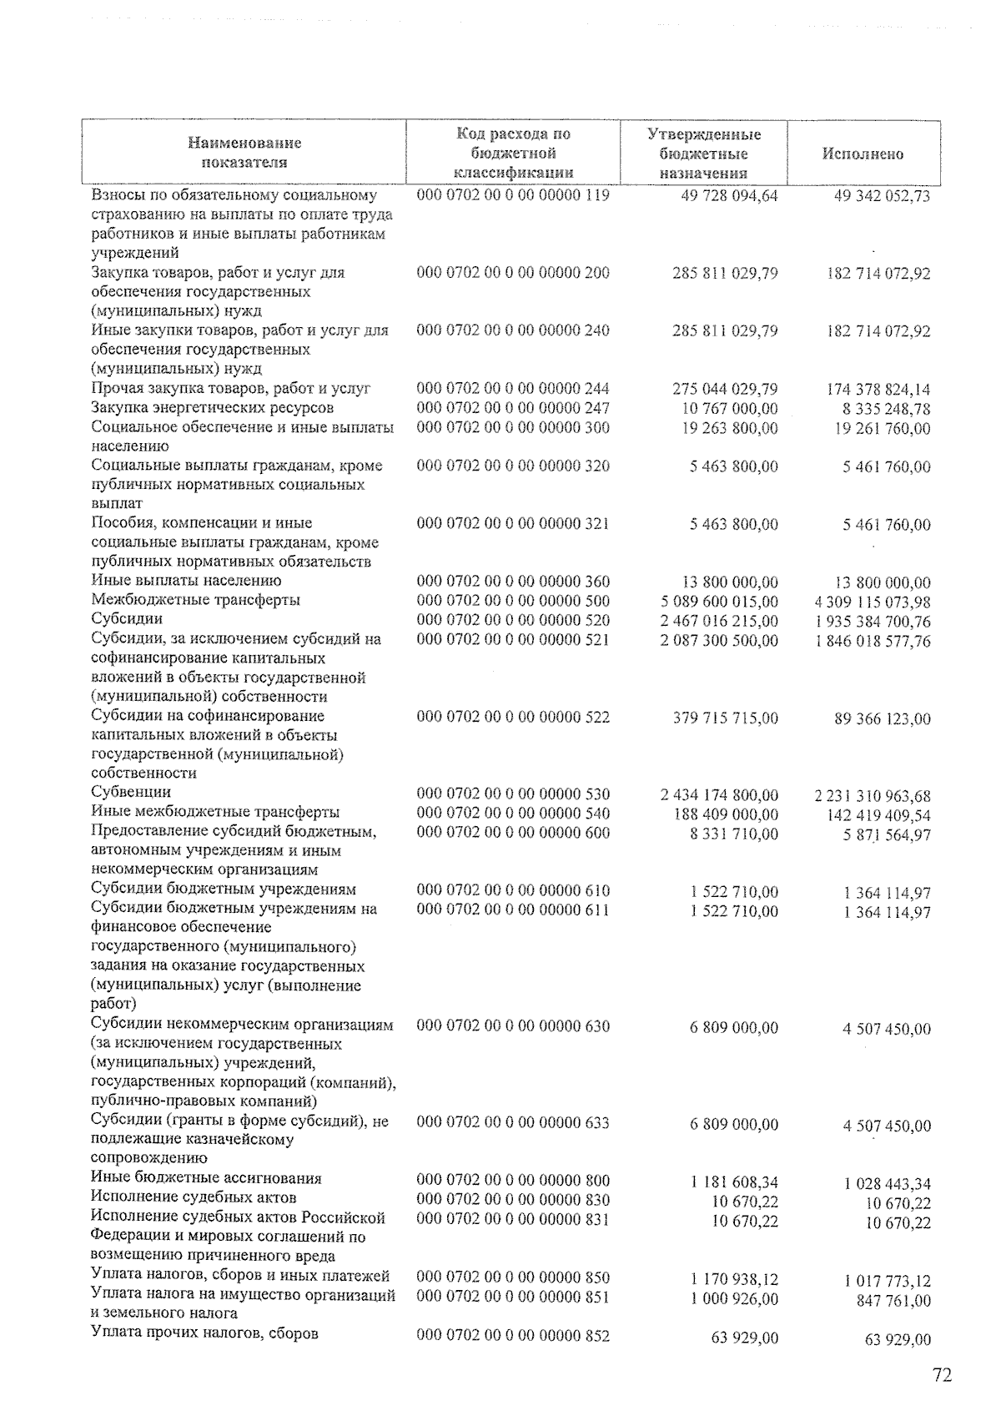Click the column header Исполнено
click(863, 154)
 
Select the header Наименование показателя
click(244, 153)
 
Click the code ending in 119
click(513, 195)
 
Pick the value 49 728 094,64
click(724, 196)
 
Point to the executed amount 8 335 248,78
click(885, 410)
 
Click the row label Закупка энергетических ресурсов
click(213, 408)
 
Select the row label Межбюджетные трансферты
click(196, 600)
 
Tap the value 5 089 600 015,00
click(718, 602)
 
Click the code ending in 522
click(513, 717)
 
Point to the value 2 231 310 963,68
click(873, 796)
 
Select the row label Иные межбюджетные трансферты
click(215, 812)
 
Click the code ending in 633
click(513, 1123)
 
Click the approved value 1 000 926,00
click(734, 1299)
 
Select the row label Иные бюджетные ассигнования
click(206, 1179)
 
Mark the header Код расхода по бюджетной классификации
click(513, 154)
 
